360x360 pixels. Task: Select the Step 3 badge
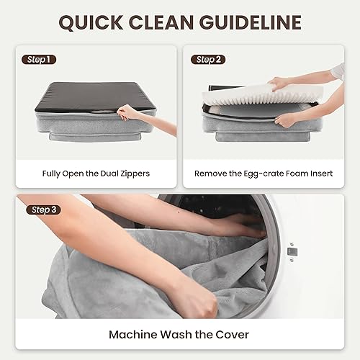pos(40,210)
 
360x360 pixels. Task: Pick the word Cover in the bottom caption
pos(235,334)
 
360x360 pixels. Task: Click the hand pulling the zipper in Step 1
pos(132,111)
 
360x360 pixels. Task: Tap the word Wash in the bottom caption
pos(176,334)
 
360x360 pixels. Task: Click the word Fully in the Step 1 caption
pos(34,173)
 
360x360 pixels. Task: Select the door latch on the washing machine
pos(293,251)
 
